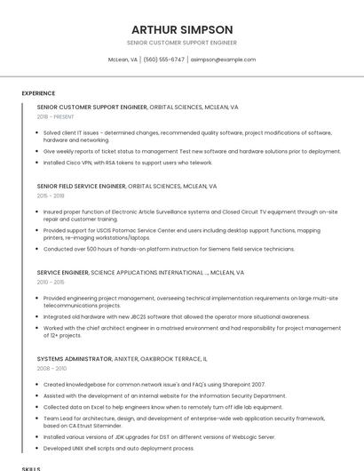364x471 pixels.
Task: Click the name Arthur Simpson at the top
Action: (x=182, y=29)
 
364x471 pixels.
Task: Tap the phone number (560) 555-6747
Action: (x=164, y=60)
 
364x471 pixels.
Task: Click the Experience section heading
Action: (x=38, y=93)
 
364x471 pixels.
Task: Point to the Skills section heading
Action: (x=31, y=467)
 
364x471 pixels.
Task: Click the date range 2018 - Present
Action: (x=56, y=116)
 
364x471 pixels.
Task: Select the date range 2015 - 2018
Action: (x=51, y=196)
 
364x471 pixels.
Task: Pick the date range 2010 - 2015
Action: (x=51, y=282)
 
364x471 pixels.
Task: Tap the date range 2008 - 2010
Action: (x=51, y=368)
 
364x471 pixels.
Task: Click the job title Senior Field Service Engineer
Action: (x=82, y=187)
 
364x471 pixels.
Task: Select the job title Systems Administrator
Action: (x=75, y=359)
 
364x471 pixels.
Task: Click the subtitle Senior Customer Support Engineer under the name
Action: (x=182, y=43)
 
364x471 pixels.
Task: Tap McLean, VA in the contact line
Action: (x=123, y=60)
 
